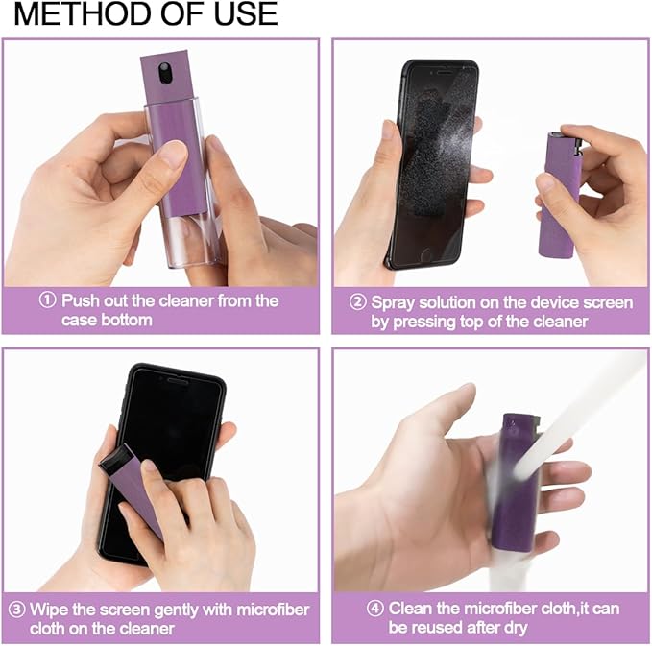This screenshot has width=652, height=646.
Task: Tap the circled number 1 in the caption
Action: (x=47, y=300)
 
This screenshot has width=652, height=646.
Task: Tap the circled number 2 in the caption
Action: (x=357, y=302)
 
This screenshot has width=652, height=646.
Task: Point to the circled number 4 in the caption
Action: (x=375, y=609)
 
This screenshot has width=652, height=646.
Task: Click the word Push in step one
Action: (x=81, y=300)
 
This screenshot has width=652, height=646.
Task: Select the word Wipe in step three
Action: (x=50, y=610)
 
